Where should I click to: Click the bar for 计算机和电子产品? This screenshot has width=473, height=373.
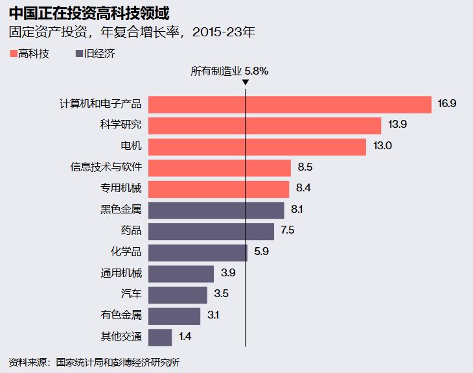290,104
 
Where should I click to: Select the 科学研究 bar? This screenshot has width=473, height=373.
264,126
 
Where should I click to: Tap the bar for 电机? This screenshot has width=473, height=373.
257,147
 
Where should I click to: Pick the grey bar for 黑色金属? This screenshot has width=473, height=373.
216,210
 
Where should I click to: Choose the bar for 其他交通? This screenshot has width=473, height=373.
160,337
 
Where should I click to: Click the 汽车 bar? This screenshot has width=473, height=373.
178,295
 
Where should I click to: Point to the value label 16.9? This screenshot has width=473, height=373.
447,104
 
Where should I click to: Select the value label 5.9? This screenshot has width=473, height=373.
262,252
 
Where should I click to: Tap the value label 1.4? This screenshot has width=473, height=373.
185,337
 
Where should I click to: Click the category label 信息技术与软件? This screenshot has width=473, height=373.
106,167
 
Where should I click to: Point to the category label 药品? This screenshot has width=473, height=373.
131,231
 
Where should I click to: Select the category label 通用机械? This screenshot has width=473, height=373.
121,273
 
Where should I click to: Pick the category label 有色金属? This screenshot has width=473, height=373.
121,315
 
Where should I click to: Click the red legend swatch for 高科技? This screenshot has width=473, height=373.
14,54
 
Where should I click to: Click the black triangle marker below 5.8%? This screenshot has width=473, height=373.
246,82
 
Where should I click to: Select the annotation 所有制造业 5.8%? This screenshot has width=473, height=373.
229,71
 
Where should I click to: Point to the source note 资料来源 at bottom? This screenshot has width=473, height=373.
94,362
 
